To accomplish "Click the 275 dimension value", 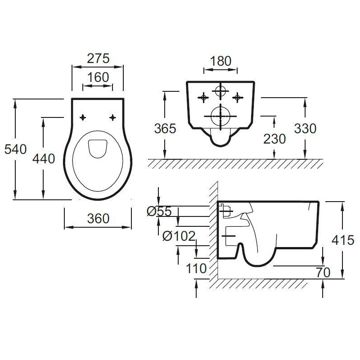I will [x=98, y=59].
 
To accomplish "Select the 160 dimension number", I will [x=98, y=77].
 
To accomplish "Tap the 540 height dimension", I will [x=15, y=149].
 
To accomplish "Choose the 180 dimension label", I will [x=220, y=61].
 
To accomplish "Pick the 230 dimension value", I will [x=274, y=139].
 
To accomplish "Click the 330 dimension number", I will [x=305, y=128].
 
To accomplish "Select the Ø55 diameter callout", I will [x=159, y=211].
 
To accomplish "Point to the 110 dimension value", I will [x=196, y=269].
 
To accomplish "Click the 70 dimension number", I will [x=323, y=272].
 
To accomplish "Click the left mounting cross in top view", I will [x=83, y=117].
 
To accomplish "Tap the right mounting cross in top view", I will [x=112, y=117].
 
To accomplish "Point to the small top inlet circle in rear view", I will [x=220, y=91].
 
